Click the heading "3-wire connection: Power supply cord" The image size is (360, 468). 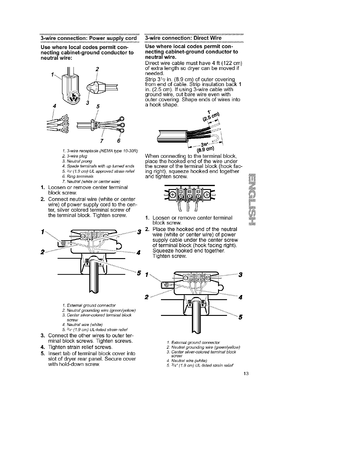89,38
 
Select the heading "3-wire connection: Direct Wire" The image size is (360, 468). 183,38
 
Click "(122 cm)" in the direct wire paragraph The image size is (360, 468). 234,62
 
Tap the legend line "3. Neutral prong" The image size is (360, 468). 73,161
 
